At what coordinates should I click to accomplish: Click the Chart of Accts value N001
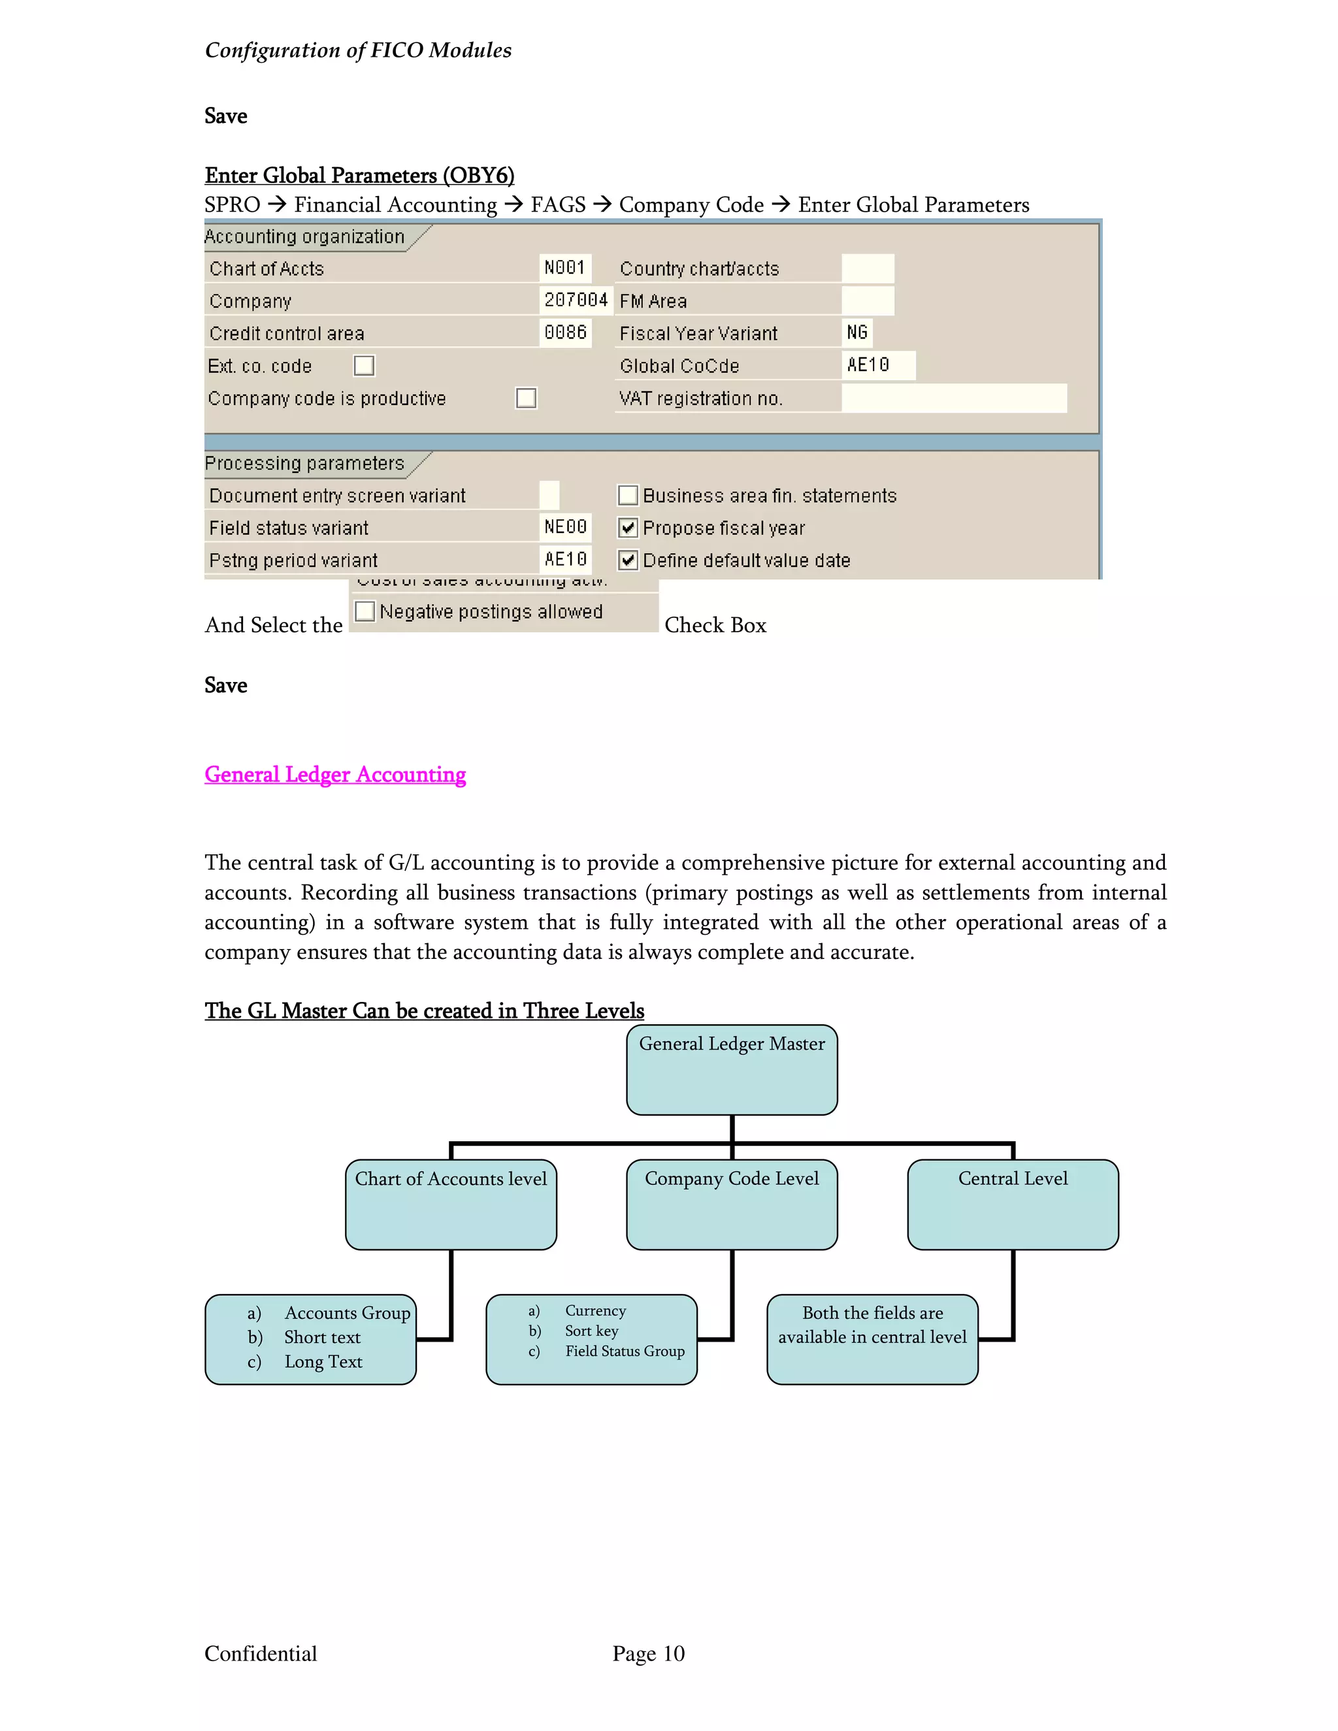(x=564, y=268)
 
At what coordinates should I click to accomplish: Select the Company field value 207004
(x=576, y=300)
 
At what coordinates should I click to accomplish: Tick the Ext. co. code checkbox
(x=364, y=365)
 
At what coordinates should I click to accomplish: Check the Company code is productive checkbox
(x=525, y=398)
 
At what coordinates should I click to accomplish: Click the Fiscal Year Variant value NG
(x=857, y=333)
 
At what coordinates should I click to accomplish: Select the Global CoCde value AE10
(x=869, y=365)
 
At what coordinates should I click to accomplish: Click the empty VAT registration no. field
(x=954, y=398)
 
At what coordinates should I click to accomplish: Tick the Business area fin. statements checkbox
(x=628, y=495)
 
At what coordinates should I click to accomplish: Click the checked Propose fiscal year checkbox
(x=628, y=528)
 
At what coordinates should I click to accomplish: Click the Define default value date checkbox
(x=628, y=560)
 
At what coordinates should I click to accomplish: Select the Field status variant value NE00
(x=565, y=527)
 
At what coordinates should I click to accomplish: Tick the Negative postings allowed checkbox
(x=365, y=611)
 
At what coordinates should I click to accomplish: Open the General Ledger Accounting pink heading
(x=334, y=774)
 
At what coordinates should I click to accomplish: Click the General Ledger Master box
(x=732, y=1070)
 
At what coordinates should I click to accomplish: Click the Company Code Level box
(x=732, y=1205)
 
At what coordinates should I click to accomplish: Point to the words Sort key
(x=591, y=1331)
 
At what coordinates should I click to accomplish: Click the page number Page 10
(x=648, y=1653)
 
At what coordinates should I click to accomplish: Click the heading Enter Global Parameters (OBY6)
(x=359, y=175)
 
